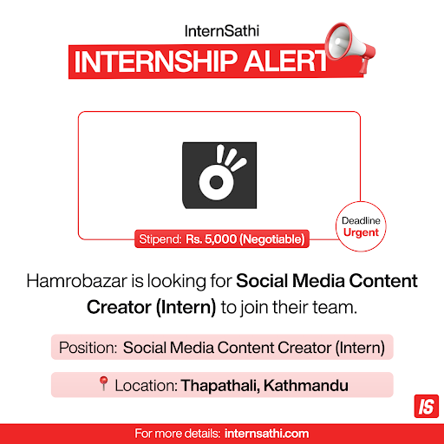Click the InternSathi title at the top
(x=222, y=31)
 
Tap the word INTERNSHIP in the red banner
(x=155, y=62)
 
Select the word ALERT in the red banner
(x=285, y=62)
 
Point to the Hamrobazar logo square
(x=219, y=175)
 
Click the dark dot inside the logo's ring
(x=216, y=182)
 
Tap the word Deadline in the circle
(x=361, y=220)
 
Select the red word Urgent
(x=361, y=232)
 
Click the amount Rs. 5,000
(x=211, y=239)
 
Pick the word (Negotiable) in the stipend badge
(x=272, y=239)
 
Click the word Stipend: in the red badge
(x=160, y=239)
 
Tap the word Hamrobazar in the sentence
(x=77, y=281)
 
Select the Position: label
(x=88, y=348)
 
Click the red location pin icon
(x=103, y=383)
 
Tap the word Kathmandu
(x=306, y=385)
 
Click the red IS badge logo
(x=427, y=406)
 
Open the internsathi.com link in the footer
(x=266, y=434)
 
